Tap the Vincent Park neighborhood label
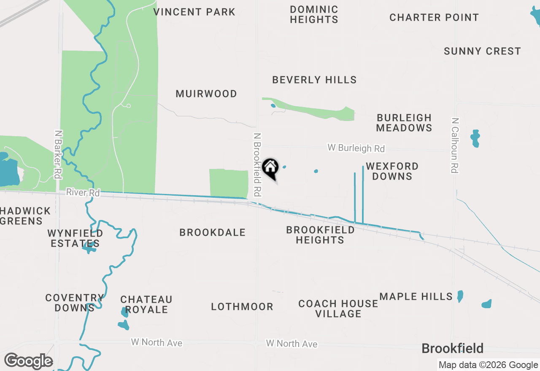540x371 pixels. [x=194, y=12]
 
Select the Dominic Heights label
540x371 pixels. [x=314, y=14]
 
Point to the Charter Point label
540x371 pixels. [x=434, y=18]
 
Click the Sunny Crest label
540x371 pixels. [x=482, y=51]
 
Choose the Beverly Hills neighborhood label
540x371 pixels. [x=314, y=80]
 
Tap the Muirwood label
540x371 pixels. [x=206, y=94]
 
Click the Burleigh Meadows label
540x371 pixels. [x=404, y=123]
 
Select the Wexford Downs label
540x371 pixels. [x=392, y=171]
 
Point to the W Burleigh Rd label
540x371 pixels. [x=356, y=148]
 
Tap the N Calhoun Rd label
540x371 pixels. [x=454, y=145]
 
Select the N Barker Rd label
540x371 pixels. [x=58, y=154]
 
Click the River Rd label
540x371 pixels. [x=83, y=193]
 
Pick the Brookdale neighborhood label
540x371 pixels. [x=212, y=233]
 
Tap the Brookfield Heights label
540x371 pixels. [x=320, y=235]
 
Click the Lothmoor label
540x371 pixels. [x=242, y=307]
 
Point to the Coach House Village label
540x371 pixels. [x=338, y=309]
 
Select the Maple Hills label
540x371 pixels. [x=416, y=297]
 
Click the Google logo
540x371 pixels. [x=29, y=361]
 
